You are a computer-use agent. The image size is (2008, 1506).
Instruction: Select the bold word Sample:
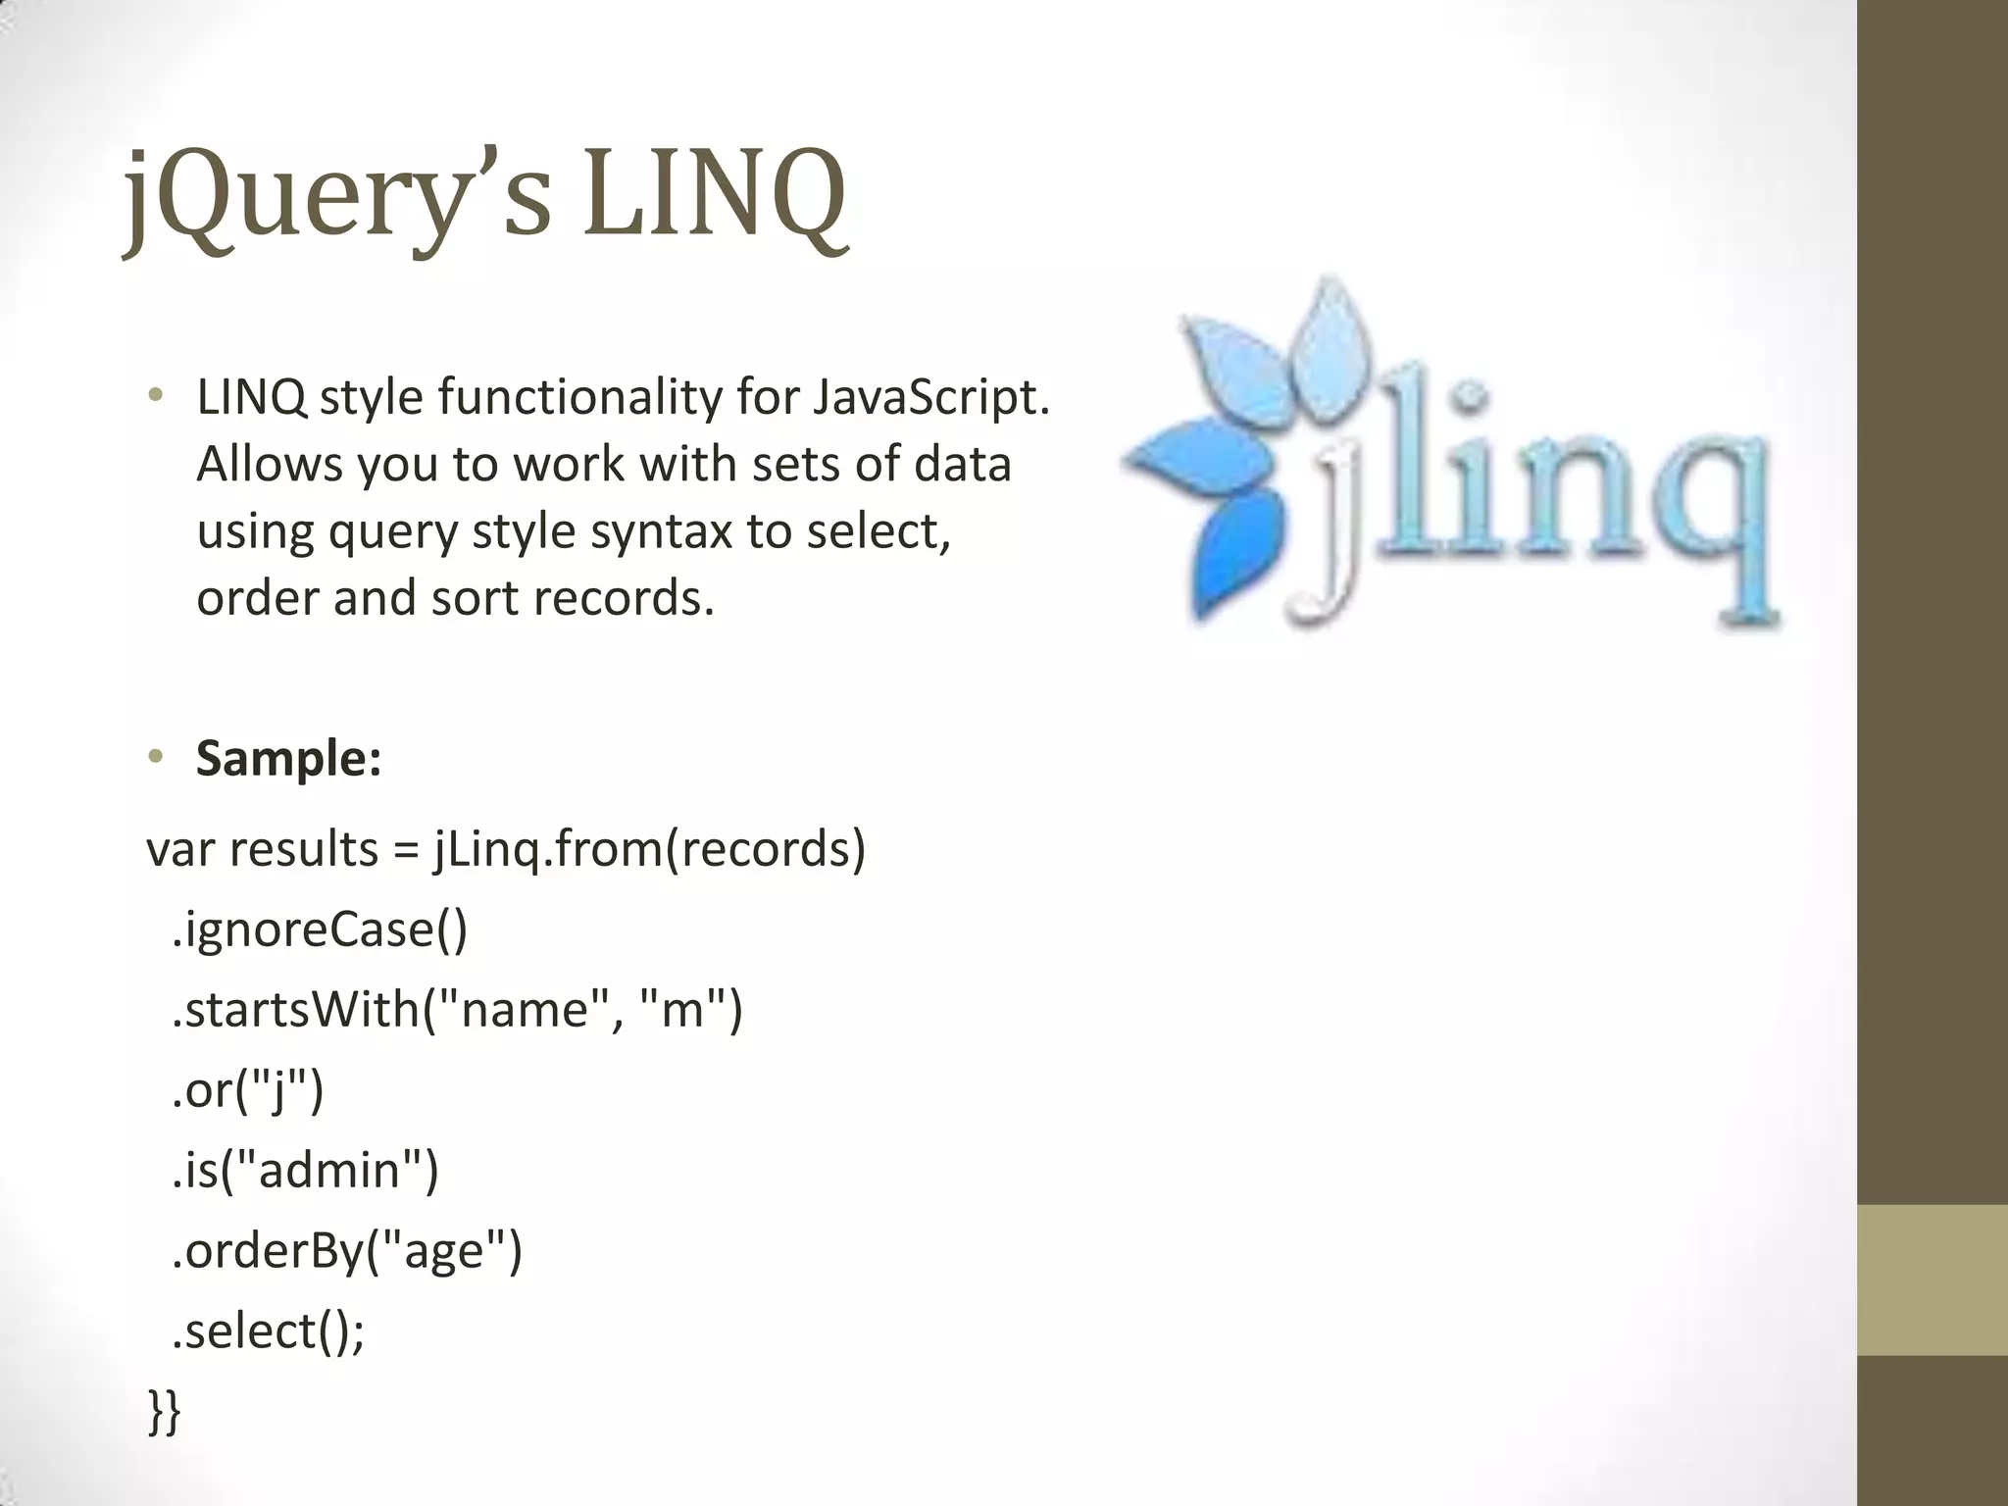coord(288,758)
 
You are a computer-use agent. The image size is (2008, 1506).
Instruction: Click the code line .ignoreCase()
coord(320,929)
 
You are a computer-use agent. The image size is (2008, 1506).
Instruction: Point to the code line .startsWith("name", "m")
coord(457,1010)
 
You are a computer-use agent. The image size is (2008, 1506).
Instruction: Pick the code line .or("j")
coord(247,1090)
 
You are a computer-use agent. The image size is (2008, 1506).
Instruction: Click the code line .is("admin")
coord(305,1171)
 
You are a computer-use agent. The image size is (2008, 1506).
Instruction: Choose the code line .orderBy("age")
coord(347,1251)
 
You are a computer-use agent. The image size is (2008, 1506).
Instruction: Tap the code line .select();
coord(268,1331)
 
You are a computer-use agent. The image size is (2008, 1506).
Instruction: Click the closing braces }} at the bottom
coord(164,1412)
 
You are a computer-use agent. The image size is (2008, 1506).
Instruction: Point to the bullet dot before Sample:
coord(155,757)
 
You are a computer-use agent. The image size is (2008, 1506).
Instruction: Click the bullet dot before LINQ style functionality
coord(155,397)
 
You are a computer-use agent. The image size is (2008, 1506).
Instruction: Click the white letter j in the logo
coord(1329,529)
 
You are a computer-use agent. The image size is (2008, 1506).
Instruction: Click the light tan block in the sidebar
coord(1932,1280)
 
